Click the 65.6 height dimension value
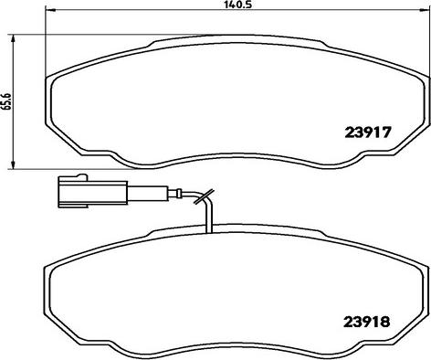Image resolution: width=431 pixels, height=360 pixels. (x=7, y=101)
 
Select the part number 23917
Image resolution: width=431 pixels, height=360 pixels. (x=368, y=132)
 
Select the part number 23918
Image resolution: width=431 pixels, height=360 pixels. (x=367, y=322)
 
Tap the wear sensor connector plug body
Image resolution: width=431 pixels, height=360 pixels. (x=92, y=193)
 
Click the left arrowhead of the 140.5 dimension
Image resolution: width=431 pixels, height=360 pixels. (x=49, y=10)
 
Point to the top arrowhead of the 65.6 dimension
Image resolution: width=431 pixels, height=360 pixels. (x=13, y=39)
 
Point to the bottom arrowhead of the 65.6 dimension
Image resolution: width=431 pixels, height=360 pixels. (x=13, y=164)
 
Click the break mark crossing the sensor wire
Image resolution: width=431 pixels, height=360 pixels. (x=205, y=196)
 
